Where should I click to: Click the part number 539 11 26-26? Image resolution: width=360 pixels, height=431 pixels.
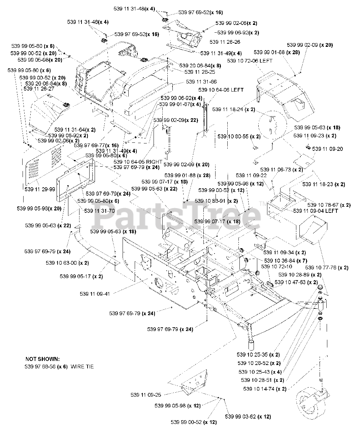[x=225, y=42]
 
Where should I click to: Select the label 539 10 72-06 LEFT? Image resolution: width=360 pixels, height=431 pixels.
[x=250, y=61]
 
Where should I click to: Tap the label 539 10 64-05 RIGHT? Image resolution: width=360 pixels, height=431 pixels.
[x=138, y=162]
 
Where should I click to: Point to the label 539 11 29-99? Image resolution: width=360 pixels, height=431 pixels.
[x=40, y=189]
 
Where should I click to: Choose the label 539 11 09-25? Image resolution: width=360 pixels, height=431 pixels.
[x=146, y=394]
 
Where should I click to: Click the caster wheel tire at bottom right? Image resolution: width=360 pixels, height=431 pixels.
[x=309, y=403]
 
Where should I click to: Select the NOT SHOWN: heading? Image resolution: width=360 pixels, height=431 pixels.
[x=42, y=359]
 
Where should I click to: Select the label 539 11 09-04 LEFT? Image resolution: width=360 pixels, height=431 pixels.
[x=315, y=211]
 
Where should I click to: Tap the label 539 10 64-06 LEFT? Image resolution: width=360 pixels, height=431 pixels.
[x=221, y=90]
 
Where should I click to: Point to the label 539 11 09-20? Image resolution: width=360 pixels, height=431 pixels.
[x=328, y=149]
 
